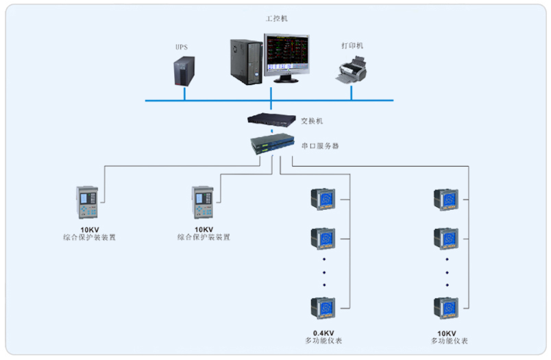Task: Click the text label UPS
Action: (x=182, y=47)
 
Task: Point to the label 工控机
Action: (x=276, y=19)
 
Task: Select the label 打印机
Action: (x=352, y=46)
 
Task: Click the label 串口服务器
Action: (x=320, y=145)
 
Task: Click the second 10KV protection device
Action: (x=203, y=204)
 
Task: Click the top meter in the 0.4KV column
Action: (x=323, y=200)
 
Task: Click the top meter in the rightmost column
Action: (x=446, y=200)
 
